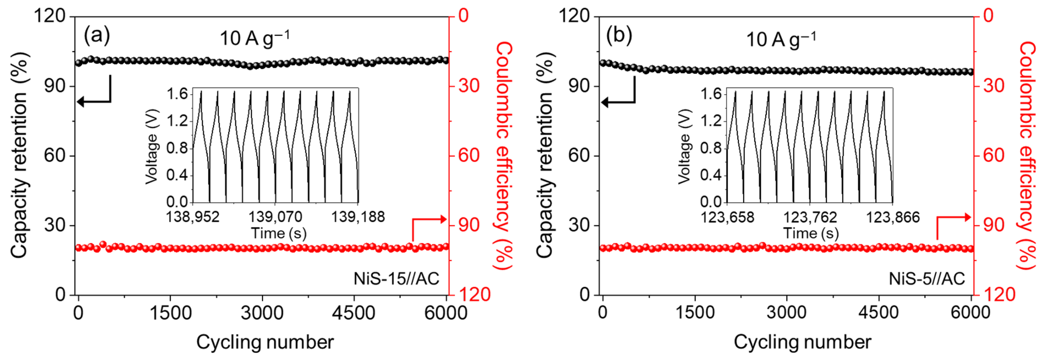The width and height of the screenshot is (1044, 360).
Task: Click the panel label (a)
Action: (96, 36)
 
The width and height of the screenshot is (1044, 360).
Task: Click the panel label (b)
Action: (619, 36)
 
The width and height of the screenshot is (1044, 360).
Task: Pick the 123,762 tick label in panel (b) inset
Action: (810, 218)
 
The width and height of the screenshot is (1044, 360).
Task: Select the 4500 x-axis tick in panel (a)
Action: (353, 313)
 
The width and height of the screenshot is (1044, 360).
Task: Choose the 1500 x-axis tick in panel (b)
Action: (695, 313)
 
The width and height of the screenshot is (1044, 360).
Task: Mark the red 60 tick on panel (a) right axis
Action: (469, 156)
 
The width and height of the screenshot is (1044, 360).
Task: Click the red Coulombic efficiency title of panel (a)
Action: (504, 156)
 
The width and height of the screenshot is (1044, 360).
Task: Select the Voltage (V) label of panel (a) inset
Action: (152, 146)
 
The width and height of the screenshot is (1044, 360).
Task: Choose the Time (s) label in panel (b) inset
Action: (811, 233)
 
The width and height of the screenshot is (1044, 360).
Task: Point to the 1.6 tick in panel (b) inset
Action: (711, 94)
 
